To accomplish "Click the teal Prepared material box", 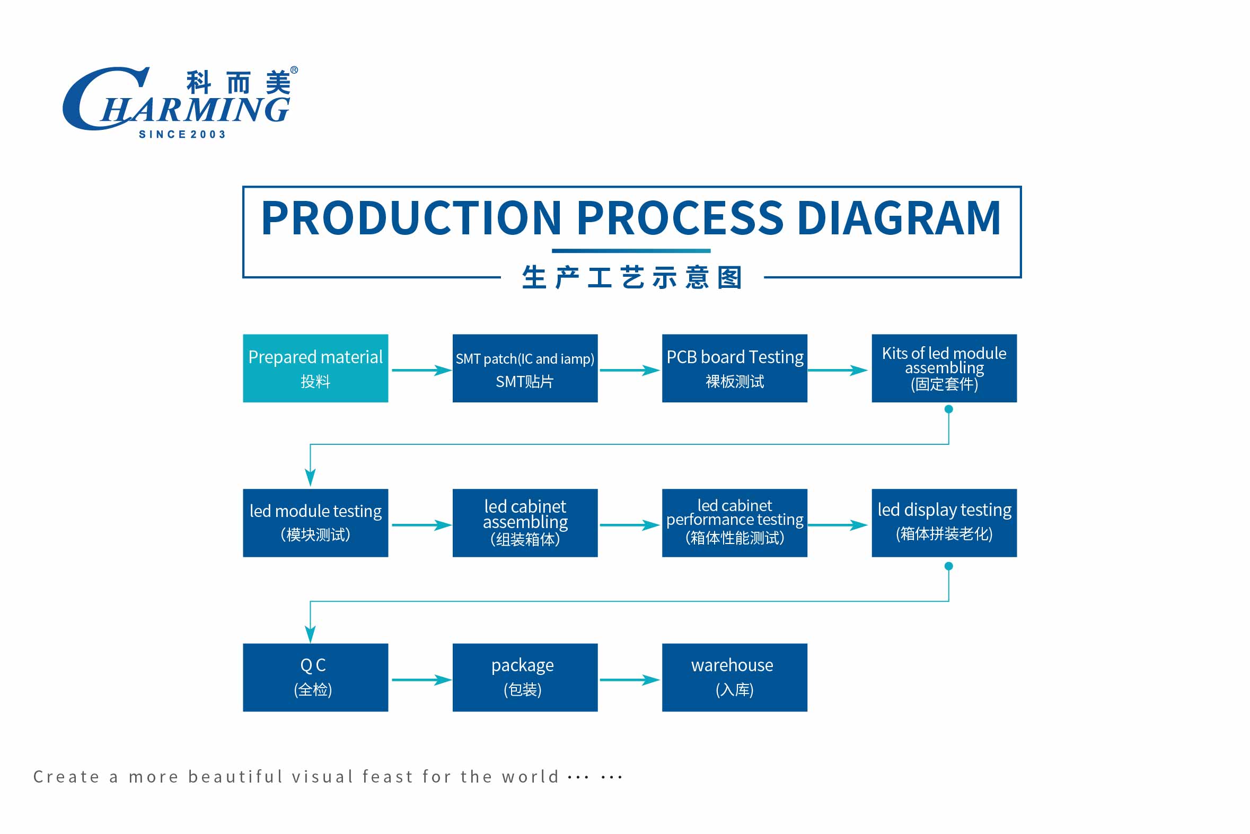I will pos(315,368).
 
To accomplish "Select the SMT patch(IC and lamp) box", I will pos(525,368).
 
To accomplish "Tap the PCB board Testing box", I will pos(734,368).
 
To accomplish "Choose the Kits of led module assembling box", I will pos(944,368).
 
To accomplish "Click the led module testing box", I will pos(315,523).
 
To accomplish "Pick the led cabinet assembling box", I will pos(525,523).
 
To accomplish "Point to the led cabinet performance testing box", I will pos(734,523).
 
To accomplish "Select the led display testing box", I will pos(944,523).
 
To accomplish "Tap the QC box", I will pos(315,677).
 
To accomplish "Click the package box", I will pos(525,677).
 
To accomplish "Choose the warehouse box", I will pos(734,677).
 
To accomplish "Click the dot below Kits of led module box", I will pos(948,409).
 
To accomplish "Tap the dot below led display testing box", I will pos(948,566).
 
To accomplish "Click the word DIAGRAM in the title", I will pos(899,218).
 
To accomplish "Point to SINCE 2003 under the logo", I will pos(182,135).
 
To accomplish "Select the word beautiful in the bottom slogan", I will pos(235,777).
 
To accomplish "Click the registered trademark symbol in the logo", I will pos(294,70).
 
